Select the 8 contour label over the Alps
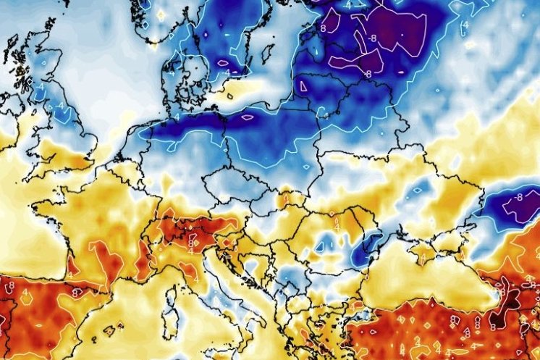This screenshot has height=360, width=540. coord(193,237)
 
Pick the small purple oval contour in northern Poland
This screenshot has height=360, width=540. coord(248,117)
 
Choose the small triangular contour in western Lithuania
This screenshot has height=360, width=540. coord(305,88)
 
